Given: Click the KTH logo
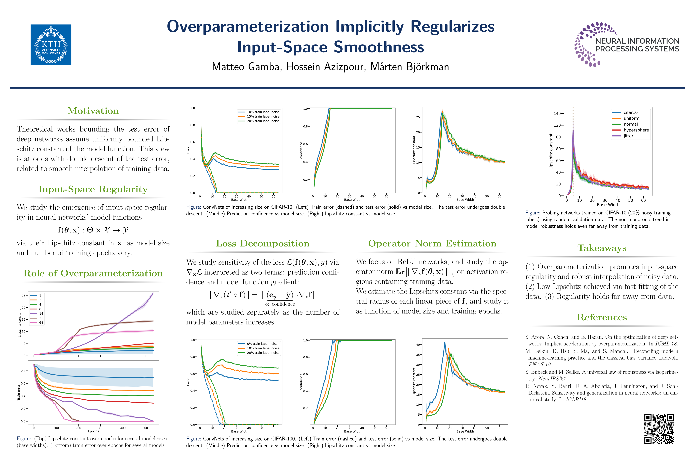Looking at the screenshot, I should click(x=51, y=45).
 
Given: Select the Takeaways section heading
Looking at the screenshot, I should click(x=602, y=248).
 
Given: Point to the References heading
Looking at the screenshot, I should click(x=602, y=317).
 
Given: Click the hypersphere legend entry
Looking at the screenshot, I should click(x=636, y=130).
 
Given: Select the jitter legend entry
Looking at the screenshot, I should click(x=629, y=136).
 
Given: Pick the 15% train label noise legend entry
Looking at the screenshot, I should click(x=263, y=116).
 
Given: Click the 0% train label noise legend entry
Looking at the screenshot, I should click(x=262, y=344).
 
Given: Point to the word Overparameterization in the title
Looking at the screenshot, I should click(x=248, y=27).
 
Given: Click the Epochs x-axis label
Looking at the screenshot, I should click(x=93, y=431).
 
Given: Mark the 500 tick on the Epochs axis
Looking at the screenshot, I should click(x=145, y=428).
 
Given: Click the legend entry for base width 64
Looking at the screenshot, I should click(x=41, y=323).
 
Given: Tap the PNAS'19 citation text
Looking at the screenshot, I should click(x=540, y=364).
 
